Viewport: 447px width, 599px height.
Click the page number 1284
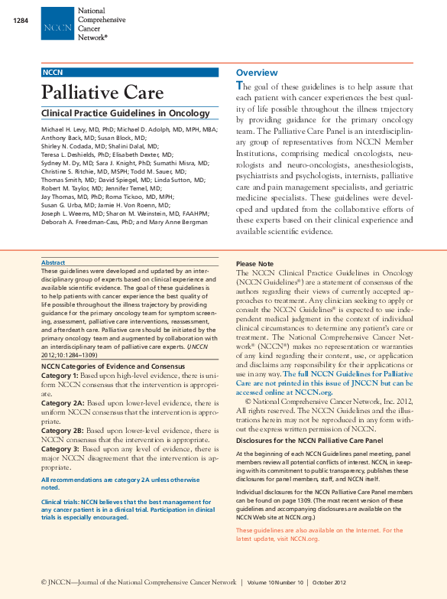point(21,20)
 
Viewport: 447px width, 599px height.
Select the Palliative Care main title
point(102,93)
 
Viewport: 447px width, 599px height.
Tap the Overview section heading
point(257,73)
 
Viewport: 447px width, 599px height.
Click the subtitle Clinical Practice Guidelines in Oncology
point(125,113)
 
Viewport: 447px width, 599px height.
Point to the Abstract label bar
point(130,262)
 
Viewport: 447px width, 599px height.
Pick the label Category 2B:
point(62,431)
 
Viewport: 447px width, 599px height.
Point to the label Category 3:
point(60,449)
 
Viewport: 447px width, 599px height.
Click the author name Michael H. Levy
point(65,131)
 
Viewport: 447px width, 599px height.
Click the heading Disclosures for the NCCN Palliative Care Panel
point(309,441)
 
